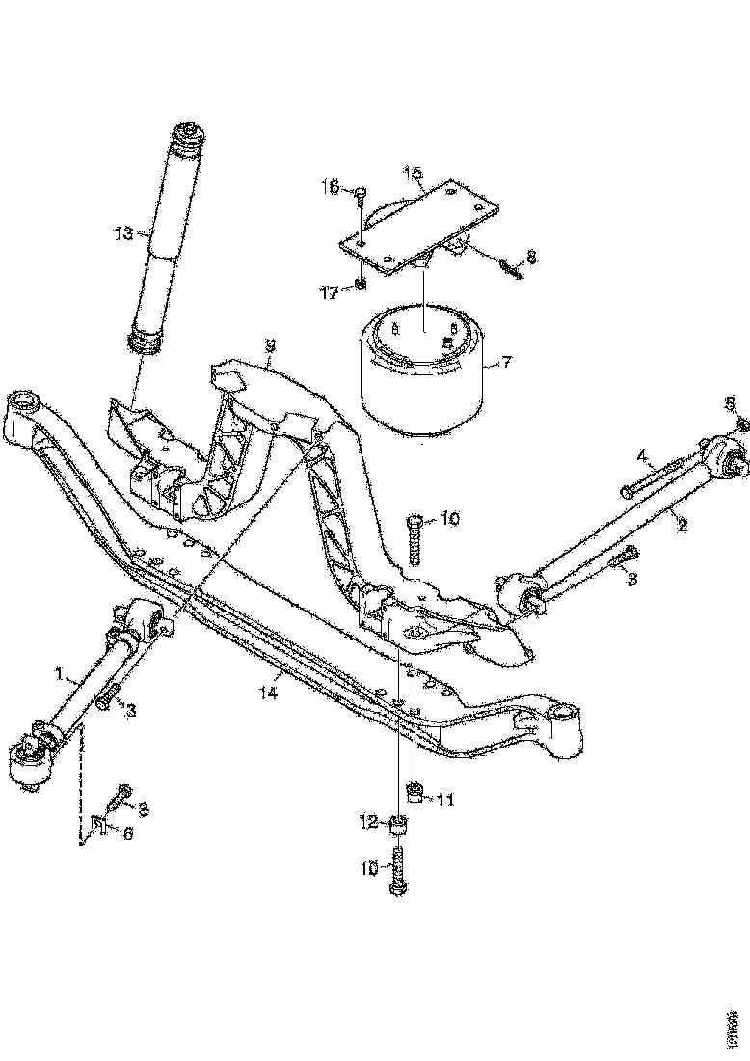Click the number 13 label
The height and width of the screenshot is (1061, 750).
(x=122, y=233)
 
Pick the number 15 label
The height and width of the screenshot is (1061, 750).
(x=413, y=174)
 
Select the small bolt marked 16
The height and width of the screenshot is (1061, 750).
(x=358, y=198)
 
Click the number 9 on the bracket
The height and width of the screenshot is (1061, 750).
(x=271, y=344)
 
